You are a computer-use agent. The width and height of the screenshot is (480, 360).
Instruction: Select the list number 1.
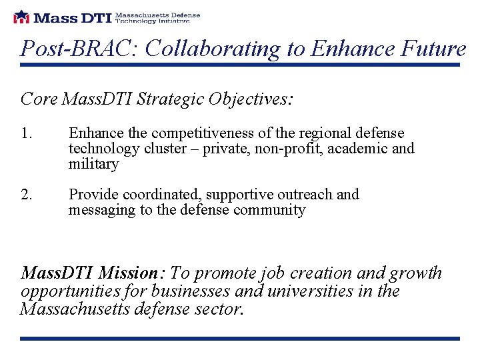coord(26,133)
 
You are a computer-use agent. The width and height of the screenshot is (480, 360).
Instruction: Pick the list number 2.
coord(26,195)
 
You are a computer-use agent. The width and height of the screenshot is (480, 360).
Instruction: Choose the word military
coord(93,163)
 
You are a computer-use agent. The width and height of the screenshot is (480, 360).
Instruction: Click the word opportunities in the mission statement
coord(65,291)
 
